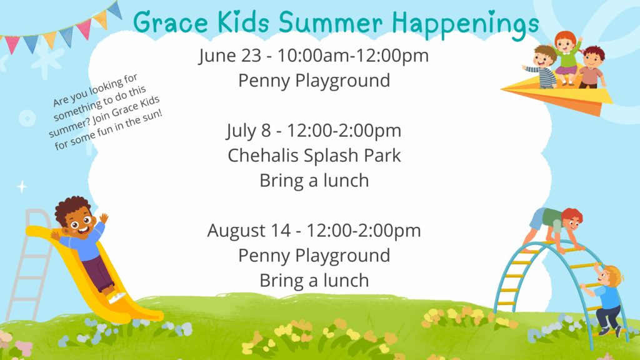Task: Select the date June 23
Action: [x=230, y=56]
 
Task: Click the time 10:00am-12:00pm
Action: [x=353, y=56]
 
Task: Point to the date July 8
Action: [x=249, y=131]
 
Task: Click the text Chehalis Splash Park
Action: [x=314, y=156]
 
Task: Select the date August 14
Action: [x=249, y=231]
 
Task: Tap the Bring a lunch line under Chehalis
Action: [x=314, y=181]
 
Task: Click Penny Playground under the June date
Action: [x=314, y=81]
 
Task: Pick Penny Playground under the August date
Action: [x=314, y=256]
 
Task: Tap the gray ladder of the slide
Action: [x=29, y=265]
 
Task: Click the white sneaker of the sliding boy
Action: [x=117, y=297]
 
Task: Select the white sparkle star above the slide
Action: [x=22, y=187]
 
